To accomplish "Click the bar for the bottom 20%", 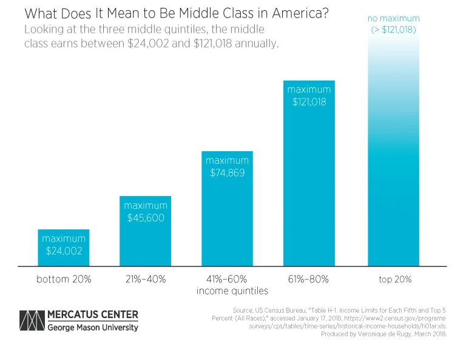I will [x=63, y=255].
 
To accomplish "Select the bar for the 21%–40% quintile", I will [x=145, y=243].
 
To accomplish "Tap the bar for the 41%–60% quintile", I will [x=228, y=225].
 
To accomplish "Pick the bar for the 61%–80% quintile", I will [x=309, y=182].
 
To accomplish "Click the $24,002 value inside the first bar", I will [x=63, y=250].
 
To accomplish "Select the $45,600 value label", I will [x=146, y=217].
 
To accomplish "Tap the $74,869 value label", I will [x=228, y=172].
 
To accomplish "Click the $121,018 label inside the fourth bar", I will [x=309, y=102].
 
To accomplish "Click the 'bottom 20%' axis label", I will [x=63, y=280].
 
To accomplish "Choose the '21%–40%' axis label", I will [x=146, y=280].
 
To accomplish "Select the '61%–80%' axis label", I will [x=309, y=280].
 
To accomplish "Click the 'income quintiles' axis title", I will [x=228, y=291].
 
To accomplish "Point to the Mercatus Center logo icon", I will [x=32, y=321].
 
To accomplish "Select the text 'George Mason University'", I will [x=93, y=328].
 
